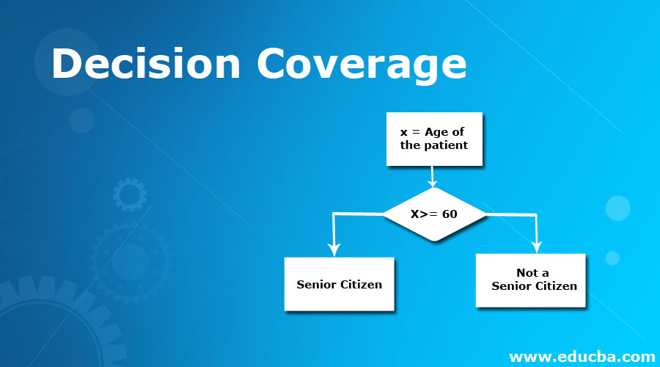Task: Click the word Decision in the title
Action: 146,65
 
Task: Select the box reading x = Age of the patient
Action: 434,139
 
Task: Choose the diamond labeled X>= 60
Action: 435,214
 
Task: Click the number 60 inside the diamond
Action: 450,214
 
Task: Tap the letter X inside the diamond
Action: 416,214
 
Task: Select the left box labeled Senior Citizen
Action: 339,284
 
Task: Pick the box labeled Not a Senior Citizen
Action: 530,280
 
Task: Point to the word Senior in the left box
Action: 317,284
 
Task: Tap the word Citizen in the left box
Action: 361,284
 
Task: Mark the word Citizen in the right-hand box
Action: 555,286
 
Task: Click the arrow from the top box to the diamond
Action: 433,176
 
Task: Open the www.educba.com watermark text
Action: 582,357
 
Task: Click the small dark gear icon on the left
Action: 129,195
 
